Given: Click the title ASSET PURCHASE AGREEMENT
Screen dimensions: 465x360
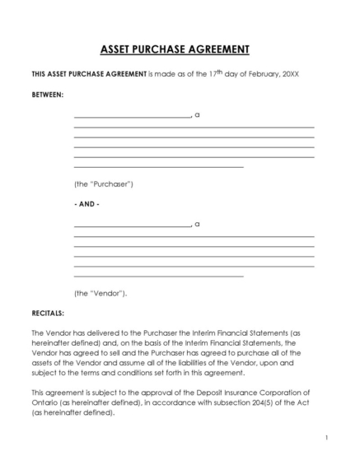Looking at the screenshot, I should click(180, 49).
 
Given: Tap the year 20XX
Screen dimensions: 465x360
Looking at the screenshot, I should click(291, 74).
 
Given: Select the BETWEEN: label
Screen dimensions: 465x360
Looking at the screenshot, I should click(48, 95).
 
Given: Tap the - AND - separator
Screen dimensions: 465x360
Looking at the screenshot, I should click(86, 203).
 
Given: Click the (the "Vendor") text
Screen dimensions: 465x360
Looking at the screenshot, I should click(101, 293).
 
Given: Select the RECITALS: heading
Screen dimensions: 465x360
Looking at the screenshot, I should click(48, 313).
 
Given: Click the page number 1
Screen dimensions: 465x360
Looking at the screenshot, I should click(327, 438).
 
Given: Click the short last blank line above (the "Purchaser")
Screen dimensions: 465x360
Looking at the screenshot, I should click(158, 167).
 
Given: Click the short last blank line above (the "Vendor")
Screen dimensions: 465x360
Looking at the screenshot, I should click(158, 277).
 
